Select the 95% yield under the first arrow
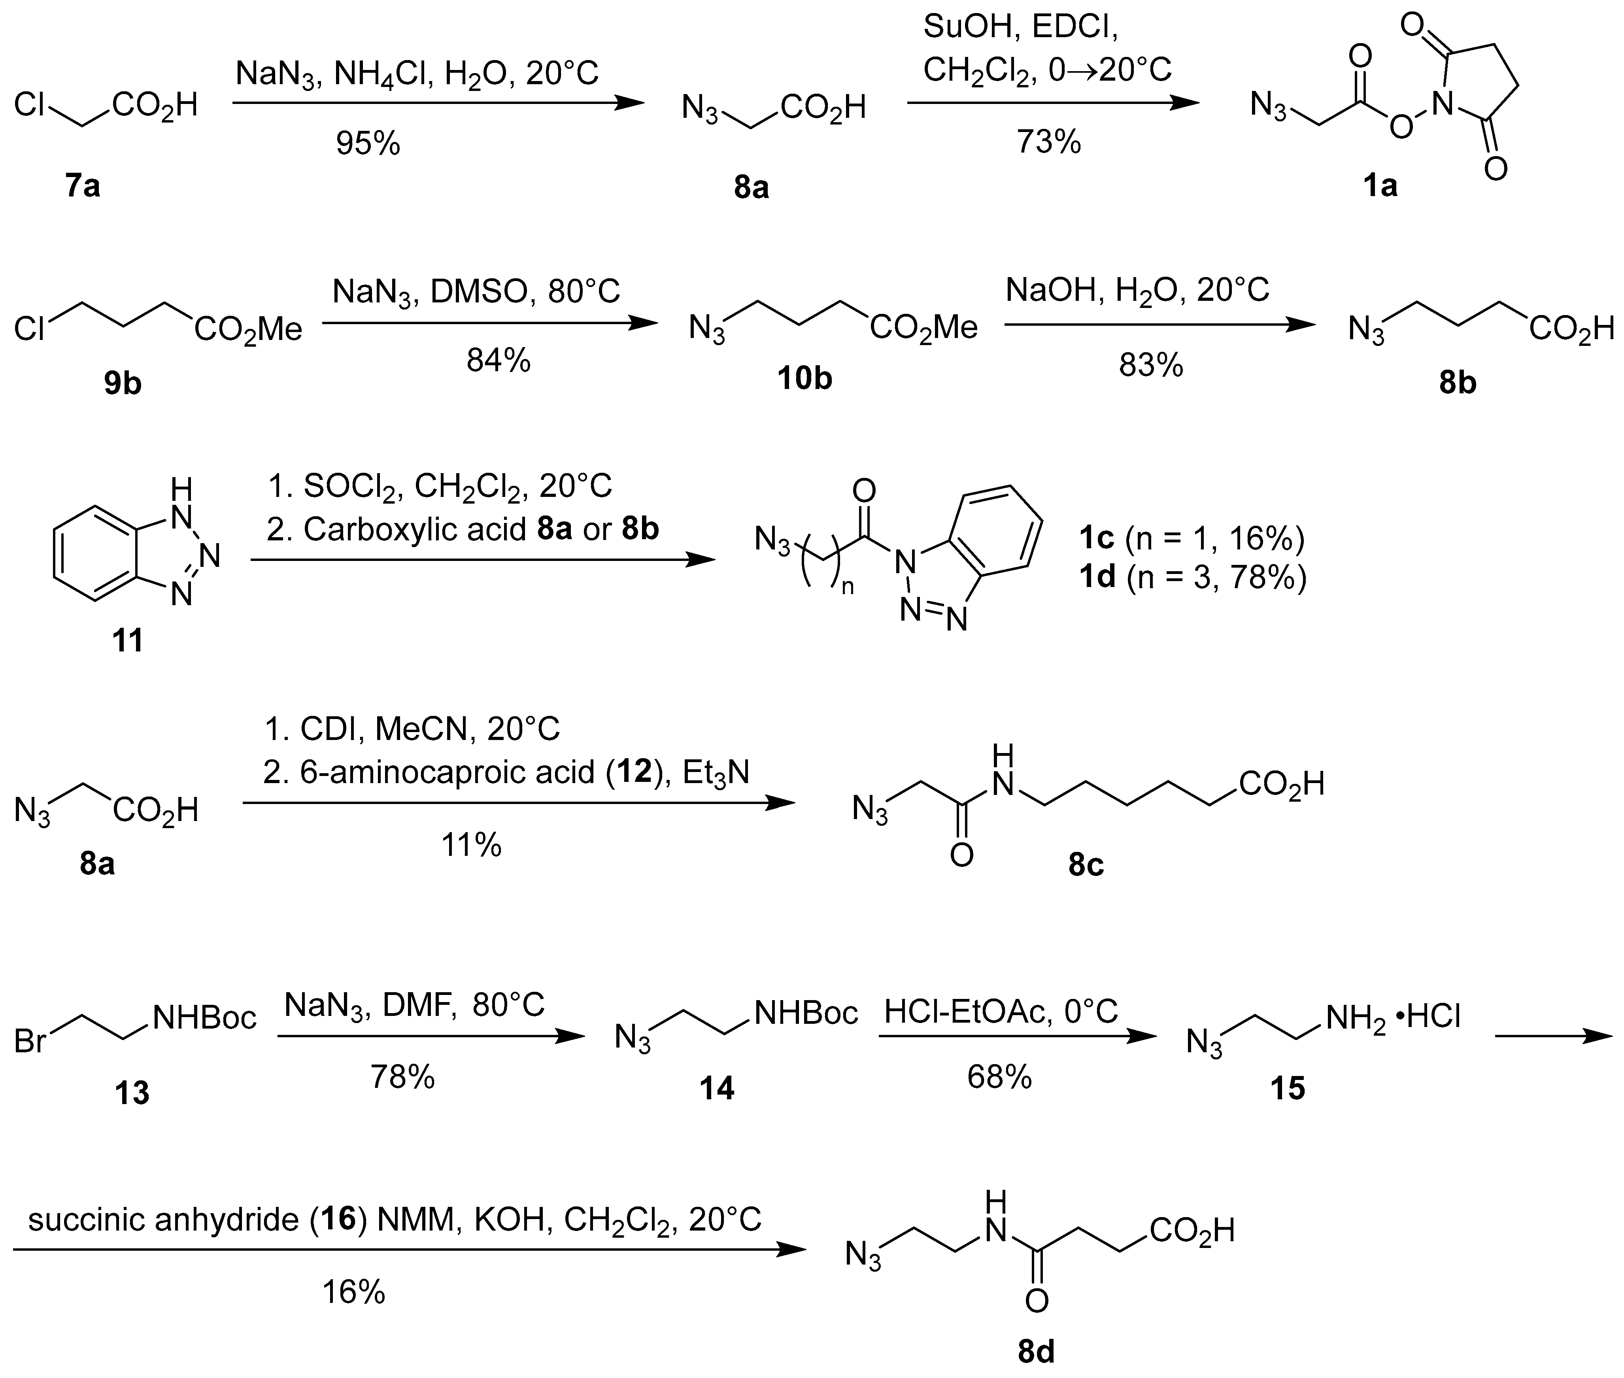click(x=368, y=143)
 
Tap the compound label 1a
click(x=1380, y=186)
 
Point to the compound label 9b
click(x=123, y=384)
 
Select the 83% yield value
click(x=1151, y=365)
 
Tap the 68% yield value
click(x=999, y=1077)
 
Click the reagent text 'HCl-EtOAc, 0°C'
click(x=1001, y=1012)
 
